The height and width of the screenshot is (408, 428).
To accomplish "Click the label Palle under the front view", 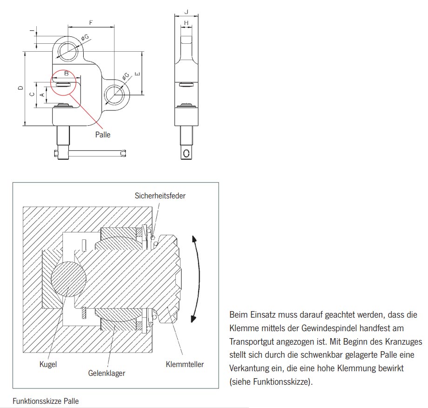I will (102, 135).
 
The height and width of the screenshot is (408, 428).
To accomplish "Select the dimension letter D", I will (19, 88).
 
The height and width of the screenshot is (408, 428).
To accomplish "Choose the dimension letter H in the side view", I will (186, 23).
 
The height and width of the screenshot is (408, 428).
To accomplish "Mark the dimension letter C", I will (32, 95).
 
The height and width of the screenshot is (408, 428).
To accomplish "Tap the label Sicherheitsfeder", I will (160, 196).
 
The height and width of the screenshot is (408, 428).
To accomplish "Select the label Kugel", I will (48, 364).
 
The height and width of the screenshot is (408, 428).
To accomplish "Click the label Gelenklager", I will (107, 373).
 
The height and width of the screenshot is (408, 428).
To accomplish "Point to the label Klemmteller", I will (185, 364).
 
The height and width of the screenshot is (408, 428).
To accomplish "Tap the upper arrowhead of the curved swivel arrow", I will (194, 239).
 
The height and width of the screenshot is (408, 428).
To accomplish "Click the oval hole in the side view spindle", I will (187, 153).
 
